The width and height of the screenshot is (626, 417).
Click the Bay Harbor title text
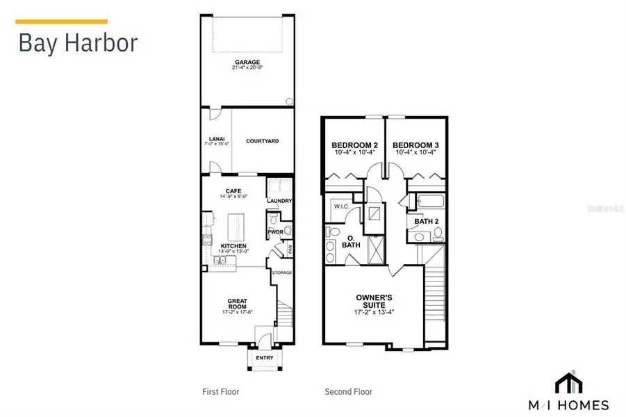(78, 42)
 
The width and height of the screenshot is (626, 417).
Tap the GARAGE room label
(247, 62)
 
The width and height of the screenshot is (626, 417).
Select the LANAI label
(215, 138)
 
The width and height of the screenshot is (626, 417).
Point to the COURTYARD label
(262, 141)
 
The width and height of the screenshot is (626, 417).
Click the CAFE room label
(233, 191)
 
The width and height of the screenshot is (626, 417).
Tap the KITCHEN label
(233, 246)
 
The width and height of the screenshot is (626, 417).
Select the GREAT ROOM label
(238, 304)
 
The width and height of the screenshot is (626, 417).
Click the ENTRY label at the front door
(264, 358)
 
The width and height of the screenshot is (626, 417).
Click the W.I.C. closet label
(341, 206)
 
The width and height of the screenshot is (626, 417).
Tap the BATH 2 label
(425, 222)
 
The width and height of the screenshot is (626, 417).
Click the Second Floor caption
(348, 392)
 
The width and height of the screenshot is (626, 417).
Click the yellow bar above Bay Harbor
(61, 22)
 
